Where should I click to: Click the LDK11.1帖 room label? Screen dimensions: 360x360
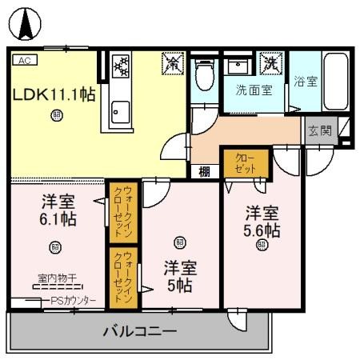[x=54, y=94]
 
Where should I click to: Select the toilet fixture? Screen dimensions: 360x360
[x=204, y=76]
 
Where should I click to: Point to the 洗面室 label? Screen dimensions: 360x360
[x=254, y=90]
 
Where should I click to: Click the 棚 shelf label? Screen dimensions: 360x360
[x=205, y=170]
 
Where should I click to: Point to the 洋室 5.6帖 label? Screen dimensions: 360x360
[x=262, y=222]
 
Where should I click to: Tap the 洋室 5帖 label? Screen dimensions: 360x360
[x=181, y=275]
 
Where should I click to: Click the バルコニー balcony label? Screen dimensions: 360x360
[x=139, y=330]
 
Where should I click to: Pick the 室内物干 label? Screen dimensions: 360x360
[x=57, y=278]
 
